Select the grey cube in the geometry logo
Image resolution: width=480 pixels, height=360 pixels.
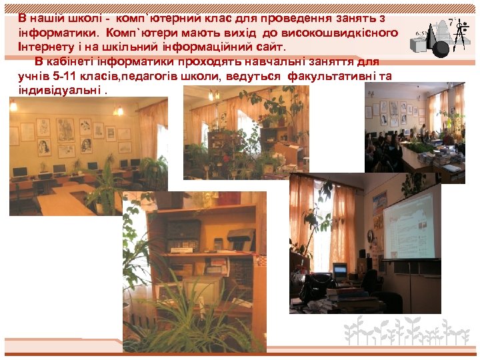pyautogui.click(x=419, y=45)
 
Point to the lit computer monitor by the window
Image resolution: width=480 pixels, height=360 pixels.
pyautogui.click(x=340, y=271)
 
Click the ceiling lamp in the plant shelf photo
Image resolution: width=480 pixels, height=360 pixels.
pyautogui.click(x=214, y=95)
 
